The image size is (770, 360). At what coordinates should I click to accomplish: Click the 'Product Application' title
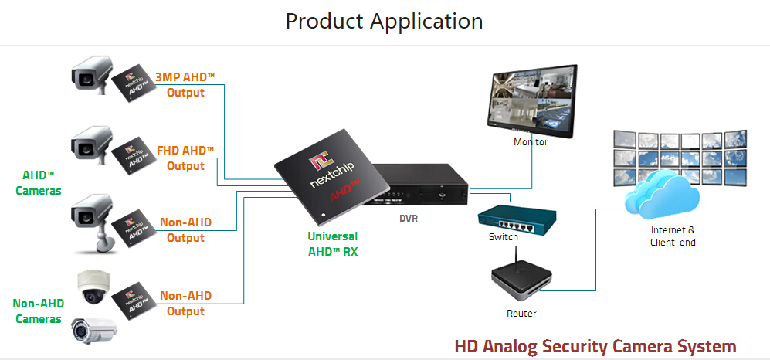click(x=384, y=21)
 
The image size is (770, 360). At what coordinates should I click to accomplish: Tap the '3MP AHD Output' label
click(x=185, y=85)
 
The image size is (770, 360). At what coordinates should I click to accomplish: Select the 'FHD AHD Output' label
click(x=185, y=158)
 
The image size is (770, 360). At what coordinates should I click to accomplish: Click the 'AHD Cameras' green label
click(x=39, y=182)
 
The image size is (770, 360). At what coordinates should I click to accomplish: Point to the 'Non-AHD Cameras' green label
click(x=39, y=311)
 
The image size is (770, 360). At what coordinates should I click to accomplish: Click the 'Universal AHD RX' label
click(x=333, y=243)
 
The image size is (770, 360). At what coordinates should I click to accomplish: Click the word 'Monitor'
click(x=531, y=142)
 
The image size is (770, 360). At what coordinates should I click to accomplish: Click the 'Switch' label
click(x=504, y=236)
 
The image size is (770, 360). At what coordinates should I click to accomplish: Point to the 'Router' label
click(x=521, y=313)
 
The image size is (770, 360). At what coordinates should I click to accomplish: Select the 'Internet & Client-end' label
click(x=673, y=236)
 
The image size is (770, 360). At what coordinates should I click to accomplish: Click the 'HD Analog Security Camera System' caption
click(x=595, y=346)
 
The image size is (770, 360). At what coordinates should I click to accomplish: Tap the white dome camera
click(x=93, y=287)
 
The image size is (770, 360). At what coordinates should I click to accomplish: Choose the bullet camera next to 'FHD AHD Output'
click(x=91, y=145)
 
